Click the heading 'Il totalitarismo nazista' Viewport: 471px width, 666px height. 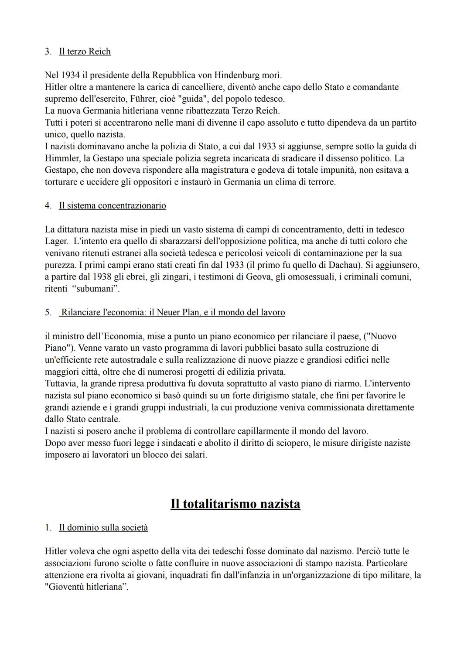tap(235, 504)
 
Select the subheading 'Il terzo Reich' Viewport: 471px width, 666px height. tap(85, 51)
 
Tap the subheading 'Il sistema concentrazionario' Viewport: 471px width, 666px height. tap(113, 205)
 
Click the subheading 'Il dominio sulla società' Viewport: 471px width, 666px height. tap(103, 528)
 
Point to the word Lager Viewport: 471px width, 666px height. tap(56, 241)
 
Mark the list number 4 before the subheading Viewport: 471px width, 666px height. tap(48, 205)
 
